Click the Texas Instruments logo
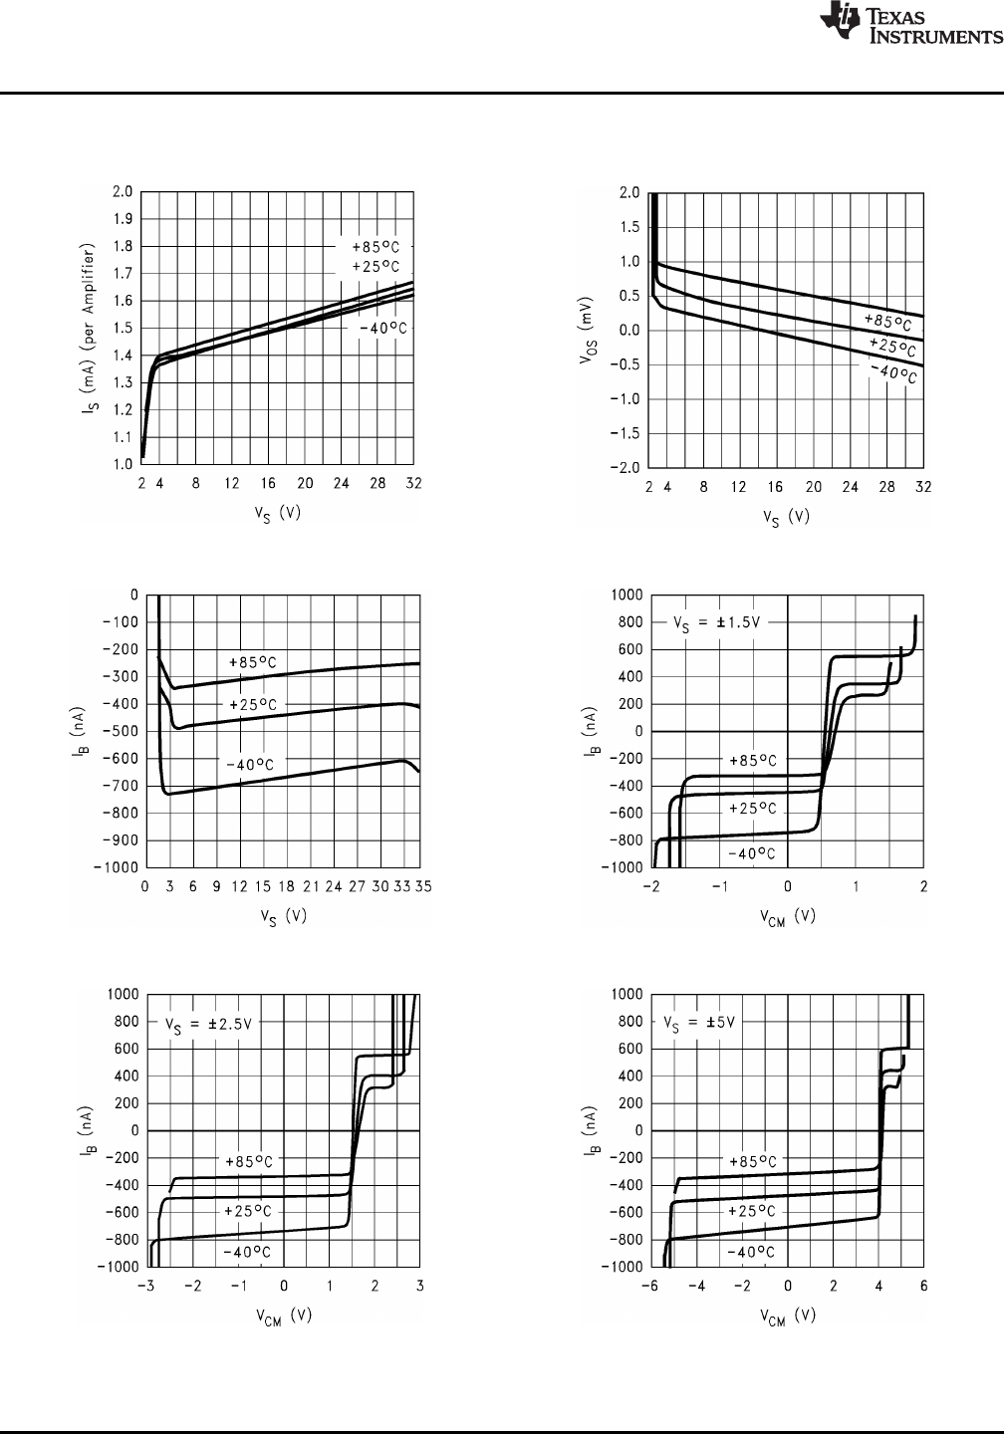(909, 26)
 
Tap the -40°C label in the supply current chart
(376, 329)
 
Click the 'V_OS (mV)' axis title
(587, 330)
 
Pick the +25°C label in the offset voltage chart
(890, 347)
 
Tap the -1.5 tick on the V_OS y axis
(626, 433)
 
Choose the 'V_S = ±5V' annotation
(701, 1023)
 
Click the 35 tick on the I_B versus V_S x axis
(423, 886)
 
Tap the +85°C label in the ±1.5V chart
(752, 761)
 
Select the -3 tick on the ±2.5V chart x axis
(146, 1286)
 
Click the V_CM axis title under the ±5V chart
(787, 1316)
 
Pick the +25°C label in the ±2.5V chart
(247, 1211)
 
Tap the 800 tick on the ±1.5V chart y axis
(624, 622)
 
